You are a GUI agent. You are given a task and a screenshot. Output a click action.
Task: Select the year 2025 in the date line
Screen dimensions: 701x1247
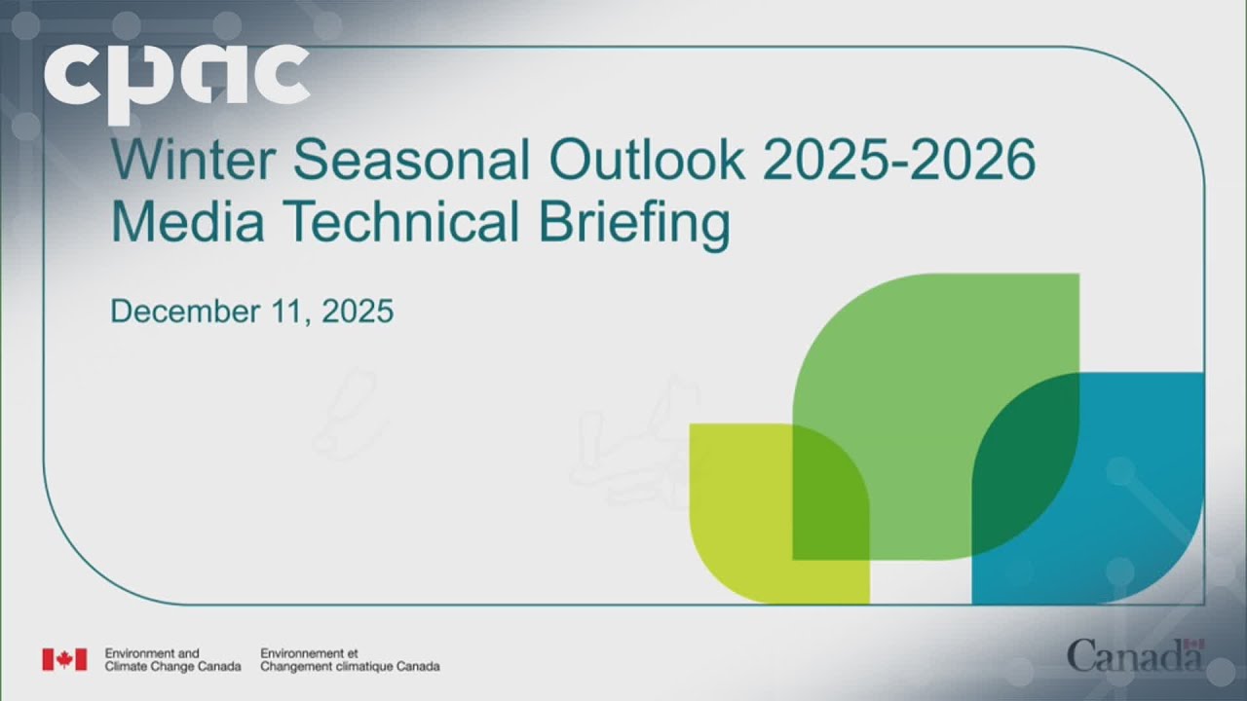tap(357, 313)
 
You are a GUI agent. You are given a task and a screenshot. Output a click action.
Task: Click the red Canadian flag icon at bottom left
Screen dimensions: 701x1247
tap(64, 659)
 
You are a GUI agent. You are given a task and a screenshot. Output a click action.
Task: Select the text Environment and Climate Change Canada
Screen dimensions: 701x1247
tap(171, 659)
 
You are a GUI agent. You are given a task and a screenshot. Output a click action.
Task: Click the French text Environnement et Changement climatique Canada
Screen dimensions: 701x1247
tap(349, 659)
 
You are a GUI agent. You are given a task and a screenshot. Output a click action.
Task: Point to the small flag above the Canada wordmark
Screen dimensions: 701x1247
tap(1197, 644)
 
